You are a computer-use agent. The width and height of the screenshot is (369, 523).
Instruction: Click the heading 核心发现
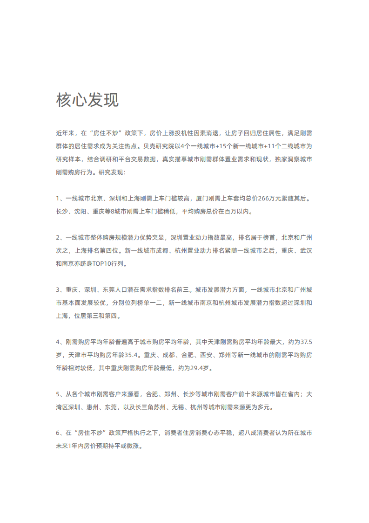(87, 100)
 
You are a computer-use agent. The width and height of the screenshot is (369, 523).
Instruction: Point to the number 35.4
(131, 355)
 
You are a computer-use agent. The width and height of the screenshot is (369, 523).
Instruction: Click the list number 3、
(60, 289)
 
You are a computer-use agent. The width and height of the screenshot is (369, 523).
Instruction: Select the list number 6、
(60, 433)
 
